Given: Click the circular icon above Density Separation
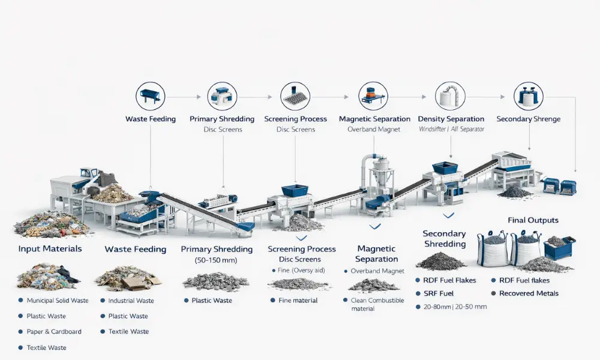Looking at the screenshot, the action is pyautogui.click(x=450, y=96).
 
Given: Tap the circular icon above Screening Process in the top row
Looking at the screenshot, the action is pyautogui.click(x=295, y=96).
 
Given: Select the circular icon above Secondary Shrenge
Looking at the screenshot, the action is pyautogui.click(x=529, y=96).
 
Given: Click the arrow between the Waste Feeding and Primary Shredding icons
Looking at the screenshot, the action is pyautogui.click(x=183, y=97).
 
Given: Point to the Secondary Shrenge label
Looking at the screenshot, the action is pyautogui.click(x=529, y=119).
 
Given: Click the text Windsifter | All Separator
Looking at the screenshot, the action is pyautogui.click(x=451, y=130).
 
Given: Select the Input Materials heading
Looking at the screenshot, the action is pyautogui.click(x=50, y=248).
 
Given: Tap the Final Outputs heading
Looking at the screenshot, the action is pyautogui.click(x=533, y=220).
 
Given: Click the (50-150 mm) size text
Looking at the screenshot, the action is pyautogui.click(x=216, y=260).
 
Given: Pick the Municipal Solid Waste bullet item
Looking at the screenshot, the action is pyautogui.click(x=53, y=301).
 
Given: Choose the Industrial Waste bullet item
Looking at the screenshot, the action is pyautogui.click(x=127, y=301).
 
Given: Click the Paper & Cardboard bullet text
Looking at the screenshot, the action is pyautogui.click(x=54, y=332).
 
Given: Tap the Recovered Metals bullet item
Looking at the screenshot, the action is pyautogui.click(x=525, y=293).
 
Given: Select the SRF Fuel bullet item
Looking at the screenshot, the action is pyautogui.click(x=434, y=293).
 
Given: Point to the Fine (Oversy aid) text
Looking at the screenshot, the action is pyautogui.click(x=301, y=271).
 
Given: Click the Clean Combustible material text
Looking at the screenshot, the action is pyautogui.click(x=377, y=305).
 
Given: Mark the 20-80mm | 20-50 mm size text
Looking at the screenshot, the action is pyautogui.click(x=455, y=307).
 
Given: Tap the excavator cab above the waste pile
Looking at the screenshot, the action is pyautogui.click(x=89, y=173).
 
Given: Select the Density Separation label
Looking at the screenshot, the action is pyautogui.click(x=451, y=119).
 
